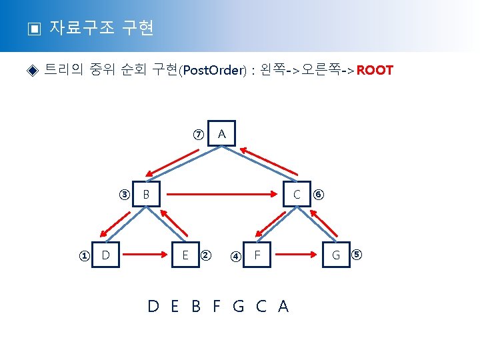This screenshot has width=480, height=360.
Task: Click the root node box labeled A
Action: click(222, 135)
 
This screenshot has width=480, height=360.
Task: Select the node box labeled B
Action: click(147, 195)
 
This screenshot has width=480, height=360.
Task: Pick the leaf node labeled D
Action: click(106, 255)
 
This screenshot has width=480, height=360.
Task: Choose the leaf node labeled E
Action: click(185, 255)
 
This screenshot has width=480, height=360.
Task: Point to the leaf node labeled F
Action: click(257, 255)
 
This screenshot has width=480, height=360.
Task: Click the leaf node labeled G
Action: click(335, 255)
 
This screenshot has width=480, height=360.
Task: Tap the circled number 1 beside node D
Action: click(84, 256)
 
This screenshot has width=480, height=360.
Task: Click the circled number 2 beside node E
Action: click(206, 255)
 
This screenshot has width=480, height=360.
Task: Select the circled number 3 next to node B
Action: click(124, 195)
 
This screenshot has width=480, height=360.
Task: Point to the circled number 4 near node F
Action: click(235, 256)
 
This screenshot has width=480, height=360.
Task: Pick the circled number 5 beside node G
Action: click(357, 254)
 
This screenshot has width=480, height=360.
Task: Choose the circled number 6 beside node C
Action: click(319, 195)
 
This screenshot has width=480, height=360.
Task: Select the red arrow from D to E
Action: click(145, 254)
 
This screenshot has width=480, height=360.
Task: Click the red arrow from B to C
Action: click(222, 195)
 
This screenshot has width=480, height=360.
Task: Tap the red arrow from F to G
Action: click(297, 254)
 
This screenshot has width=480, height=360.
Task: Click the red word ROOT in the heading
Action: click(375, 70)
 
